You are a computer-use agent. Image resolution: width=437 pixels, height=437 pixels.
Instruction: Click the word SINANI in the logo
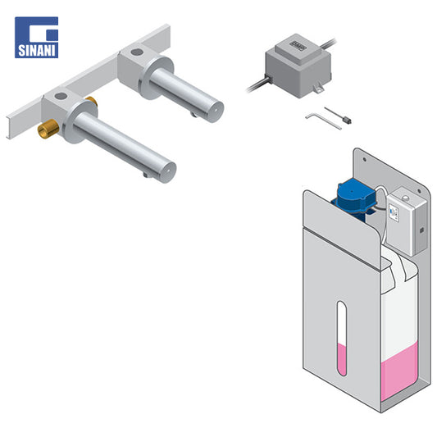(x=37, y=51)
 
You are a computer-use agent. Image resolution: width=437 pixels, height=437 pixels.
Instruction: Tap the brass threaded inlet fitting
(x=48, y=129)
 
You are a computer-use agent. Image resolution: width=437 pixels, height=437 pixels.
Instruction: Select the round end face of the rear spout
(x=215, y=112)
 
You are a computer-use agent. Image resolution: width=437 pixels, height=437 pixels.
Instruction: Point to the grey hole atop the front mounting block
(x=61, y=97)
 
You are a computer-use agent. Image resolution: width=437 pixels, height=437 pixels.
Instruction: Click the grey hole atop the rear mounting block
(x=137, y=52)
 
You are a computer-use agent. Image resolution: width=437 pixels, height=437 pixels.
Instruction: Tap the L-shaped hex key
(x=323, y=121)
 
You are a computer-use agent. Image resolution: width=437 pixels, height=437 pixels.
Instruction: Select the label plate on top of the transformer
(x=298, y=43)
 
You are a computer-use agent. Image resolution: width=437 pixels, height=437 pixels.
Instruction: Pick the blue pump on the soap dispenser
(x=354, y=198)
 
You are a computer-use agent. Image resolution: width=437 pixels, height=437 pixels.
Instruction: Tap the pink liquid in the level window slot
(x=342, y=359)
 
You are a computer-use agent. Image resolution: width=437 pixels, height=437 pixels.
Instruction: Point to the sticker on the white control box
(x=394, y=213)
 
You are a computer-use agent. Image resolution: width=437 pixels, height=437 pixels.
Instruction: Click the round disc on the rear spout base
(x=157, y=77)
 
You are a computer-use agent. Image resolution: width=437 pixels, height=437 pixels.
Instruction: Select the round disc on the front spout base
(x=81, y=121)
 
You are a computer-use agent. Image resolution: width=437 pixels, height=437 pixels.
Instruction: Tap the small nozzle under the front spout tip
(x=145, y=175)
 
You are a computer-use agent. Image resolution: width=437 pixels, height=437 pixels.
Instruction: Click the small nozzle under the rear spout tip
(x=193, y=114)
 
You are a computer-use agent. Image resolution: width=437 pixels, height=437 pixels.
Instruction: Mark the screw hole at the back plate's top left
(x=364, y=160)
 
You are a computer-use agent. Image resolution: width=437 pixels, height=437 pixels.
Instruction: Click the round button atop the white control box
(x=406, y=198)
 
